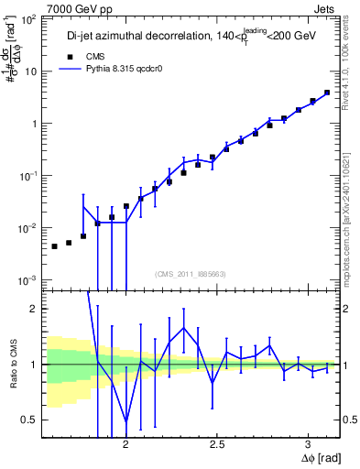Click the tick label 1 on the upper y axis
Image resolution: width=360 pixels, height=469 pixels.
pos(38,124)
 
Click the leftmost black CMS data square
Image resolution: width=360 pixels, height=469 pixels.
pos(54,246)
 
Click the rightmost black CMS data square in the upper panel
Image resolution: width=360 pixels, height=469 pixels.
pos(327,93)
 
